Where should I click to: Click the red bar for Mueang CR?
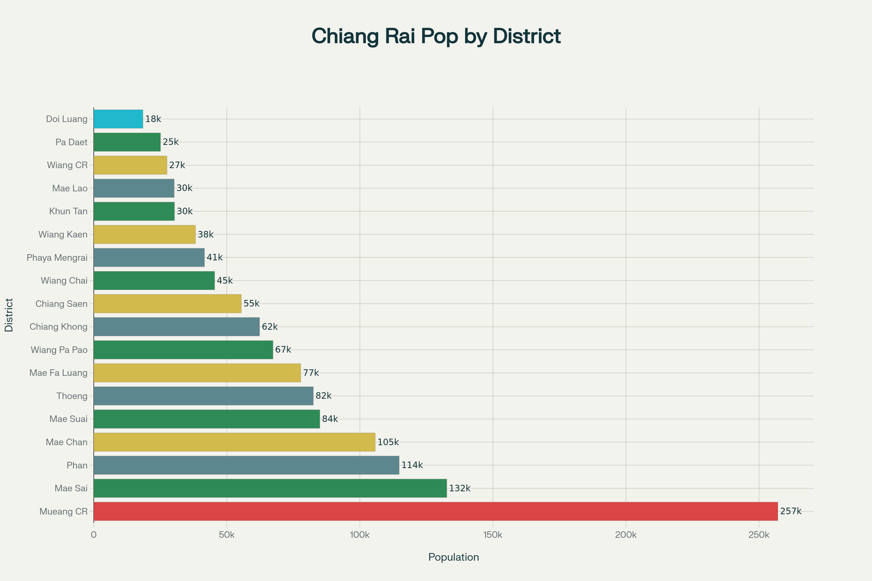click(x=435, y=511)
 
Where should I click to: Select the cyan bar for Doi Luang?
click(x=118, y=119)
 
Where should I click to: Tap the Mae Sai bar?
click(x=270, y=488)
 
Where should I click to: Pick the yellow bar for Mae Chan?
click(x=234, y=442)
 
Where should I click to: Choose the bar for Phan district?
click(x=246, y=465)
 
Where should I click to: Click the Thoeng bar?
click(x=203, y=396)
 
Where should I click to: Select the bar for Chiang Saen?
click(x=167, y=304)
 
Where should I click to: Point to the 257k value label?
click(x=791, y=511)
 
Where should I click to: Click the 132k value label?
click(x=460, y=488)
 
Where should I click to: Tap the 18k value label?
click(x=153, y=119)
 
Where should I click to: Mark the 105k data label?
click(x=388, y=442)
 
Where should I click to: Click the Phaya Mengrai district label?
click(x=57, y=257)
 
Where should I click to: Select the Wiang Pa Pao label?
click(x=59, y=350)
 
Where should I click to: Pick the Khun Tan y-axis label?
click(x=69, y=211)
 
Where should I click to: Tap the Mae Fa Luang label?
click(x=58, y=373)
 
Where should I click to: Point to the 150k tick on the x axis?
click(x=493, y=535)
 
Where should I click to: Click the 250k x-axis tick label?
click(x=759, y=535)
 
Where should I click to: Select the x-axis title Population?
click(x=453, y=557)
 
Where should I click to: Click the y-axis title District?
click(x=9, y=314)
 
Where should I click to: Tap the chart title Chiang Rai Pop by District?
click(x=436, y=36)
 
